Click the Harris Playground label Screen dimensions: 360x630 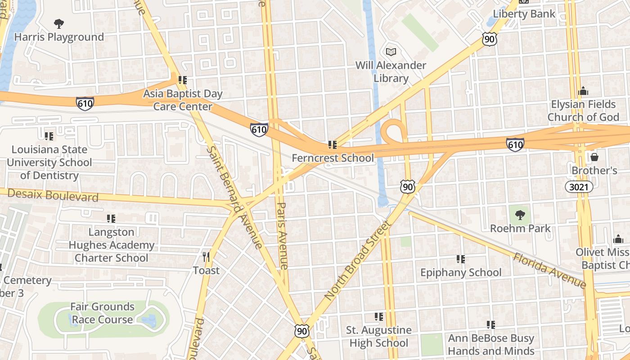[59, 37]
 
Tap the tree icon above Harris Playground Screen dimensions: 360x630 [58, 23]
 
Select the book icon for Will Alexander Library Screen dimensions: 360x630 [391, 52]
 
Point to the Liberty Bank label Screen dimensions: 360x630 [524, 13]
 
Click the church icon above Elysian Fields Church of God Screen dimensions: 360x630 [583, 91]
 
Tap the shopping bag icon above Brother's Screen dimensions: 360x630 [594, 157]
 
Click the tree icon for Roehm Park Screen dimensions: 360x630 [520, 215]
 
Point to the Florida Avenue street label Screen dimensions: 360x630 [550, 270]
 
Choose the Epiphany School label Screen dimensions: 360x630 [461, 272]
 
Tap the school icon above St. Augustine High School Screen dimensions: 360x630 [379, 317]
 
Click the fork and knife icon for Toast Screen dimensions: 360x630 [206, 257]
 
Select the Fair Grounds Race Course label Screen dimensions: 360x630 [103, 313]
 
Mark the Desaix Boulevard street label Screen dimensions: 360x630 [53, 195]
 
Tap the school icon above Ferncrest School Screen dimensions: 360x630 [333, 145]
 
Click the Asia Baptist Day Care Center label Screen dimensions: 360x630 [183, 100]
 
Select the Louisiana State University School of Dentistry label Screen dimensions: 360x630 [49, 162]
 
